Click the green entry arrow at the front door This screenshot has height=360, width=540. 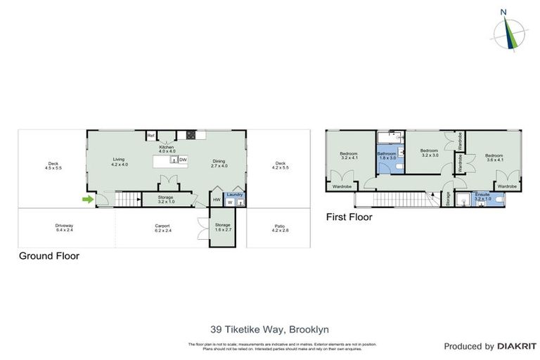(86, 200)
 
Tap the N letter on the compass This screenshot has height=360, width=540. (503, 12)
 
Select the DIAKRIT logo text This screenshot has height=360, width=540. (517, 346)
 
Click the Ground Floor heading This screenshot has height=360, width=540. (49, 257)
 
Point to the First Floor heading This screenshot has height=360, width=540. (349, 217)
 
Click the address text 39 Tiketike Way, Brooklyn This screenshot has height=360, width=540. (269, 328)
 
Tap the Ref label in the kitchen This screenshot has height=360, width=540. (150, 136)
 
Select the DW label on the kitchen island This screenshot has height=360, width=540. (183, 160)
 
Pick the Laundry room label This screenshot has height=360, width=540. (234, 195)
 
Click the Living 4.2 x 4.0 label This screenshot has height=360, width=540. (119, 162)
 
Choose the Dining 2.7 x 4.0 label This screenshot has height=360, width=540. (219, 164)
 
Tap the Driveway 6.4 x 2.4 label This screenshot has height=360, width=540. (64, 228)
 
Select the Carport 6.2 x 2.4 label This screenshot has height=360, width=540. (162, 228)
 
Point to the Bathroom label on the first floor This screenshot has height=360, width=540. (387, 155)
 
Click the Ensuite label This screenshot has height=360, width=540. (482, 196)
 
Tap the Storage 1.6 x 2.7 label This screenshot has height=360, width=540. (223, 227)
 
